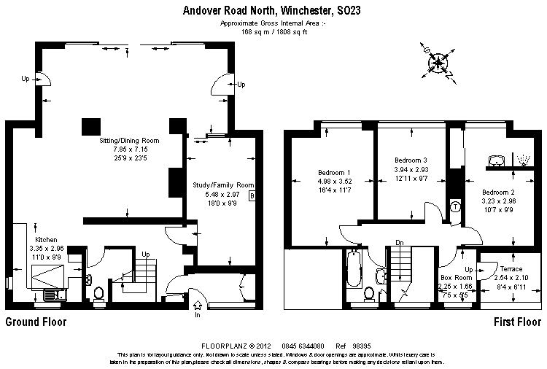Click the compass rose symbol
438,62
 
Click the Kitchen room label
46,238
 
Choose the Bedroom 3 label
410,160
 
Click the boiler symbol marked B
252,196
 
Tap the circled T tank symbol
456,206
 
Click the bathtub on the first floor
354,270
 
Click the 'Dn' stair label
400,243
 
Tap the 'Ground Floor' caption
36,322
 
